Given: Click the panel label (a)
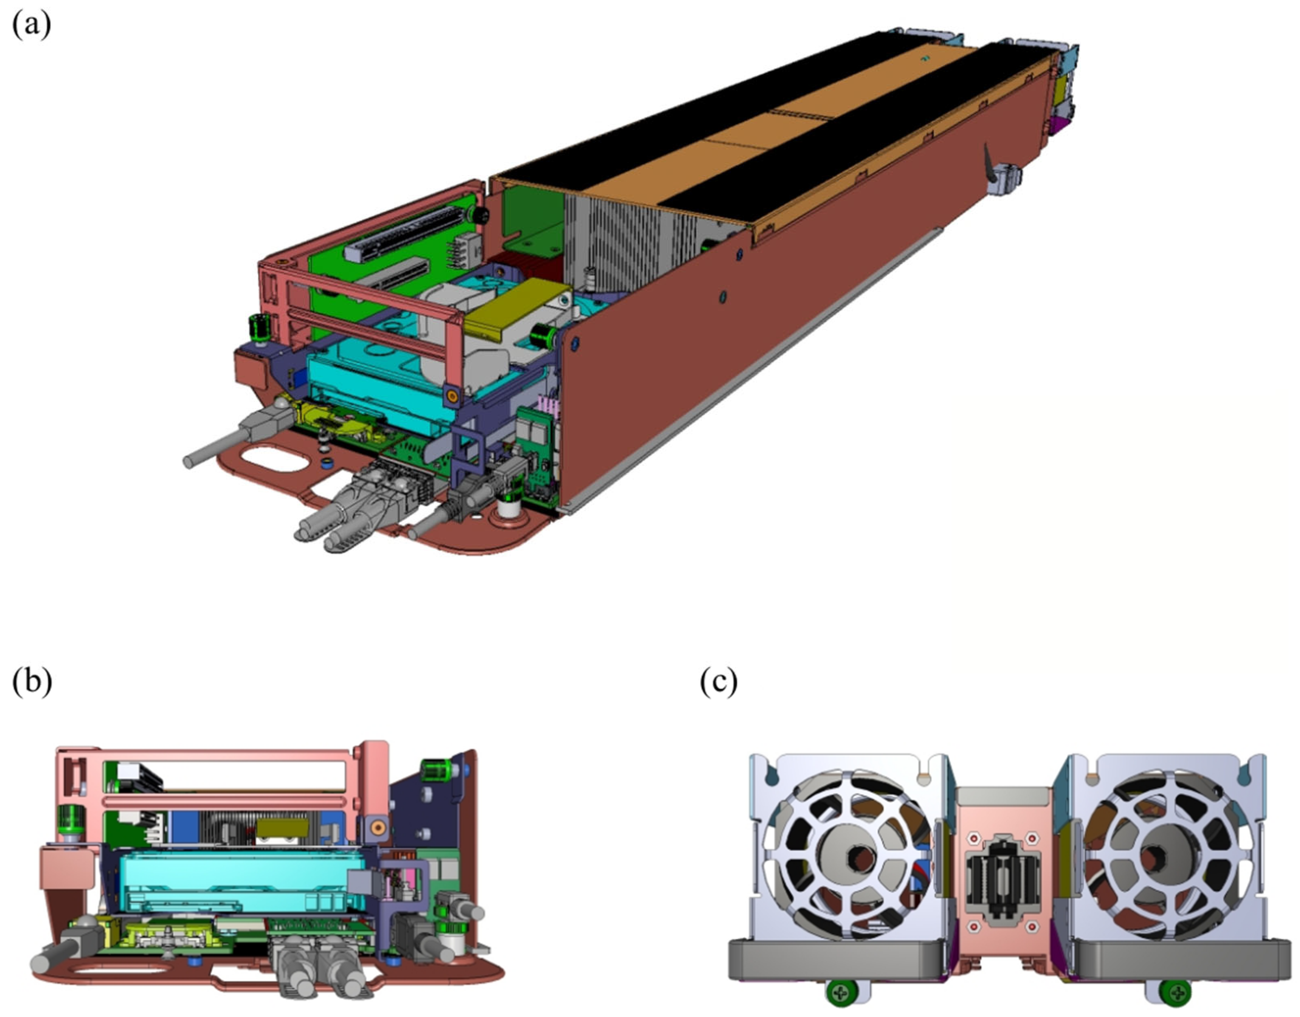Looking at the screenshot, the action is coord(31,25).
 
